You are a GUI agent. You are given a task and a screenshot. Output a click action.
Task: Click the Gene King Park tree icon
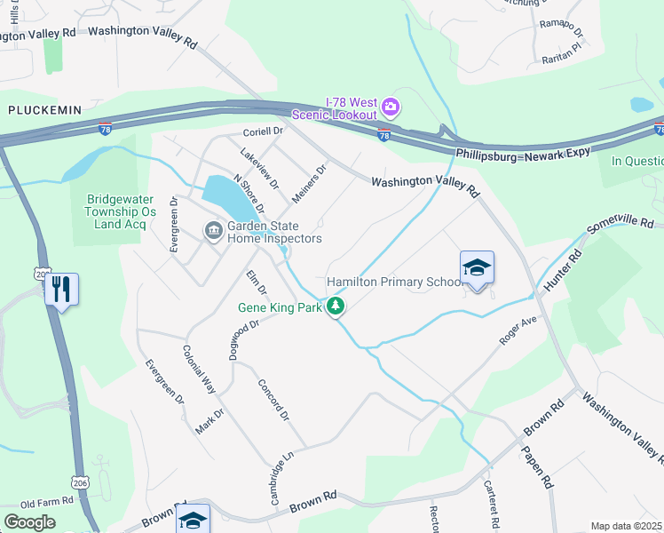pos(336,307)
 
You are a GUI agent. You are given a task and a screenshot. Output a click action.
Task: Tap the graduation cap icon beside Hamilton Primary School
pos(477,267)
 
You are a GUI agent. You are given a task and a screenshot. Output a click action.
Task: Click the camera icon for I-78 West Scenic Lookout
pos(391,107)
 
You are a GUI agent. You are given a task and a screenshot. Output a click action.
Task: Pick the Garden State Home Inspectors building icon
pos(214,232)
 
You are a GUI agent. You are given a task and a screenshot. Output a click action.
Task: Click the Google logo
pos(29,522)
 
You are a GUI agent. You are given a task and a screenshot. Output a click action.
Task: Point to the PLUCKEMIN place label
pos(44,109)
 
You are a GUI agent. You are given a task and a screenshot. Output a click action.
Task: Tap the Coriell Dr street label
pos(262,131)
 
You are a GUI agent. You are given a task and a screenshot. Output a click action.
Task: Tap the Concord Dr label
pos(273,401)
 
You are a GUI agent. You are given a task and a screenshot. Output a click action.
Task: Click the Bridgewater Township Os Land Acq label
pos(121,212)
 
